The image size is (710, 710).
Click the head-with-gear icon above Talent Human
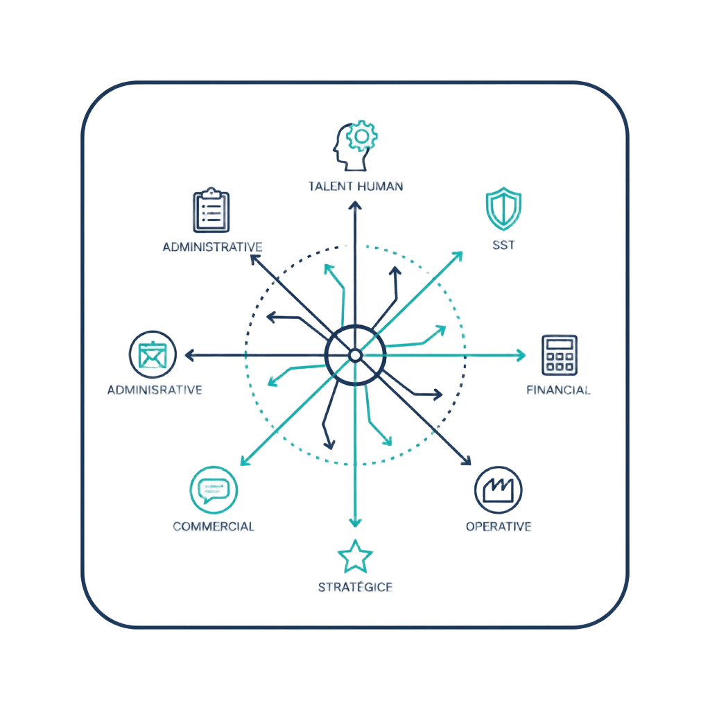[x=354, y=146]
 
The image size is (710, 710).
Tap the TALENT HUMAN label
[x=355, y=186]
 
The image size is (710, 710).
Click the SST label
[x=503, y=245]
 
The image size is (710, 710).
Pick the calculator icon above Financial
[x=560, y=354]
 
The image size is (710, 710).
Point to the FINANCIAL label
[x=559, y=390]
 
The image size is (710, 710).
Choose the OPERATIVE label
[x=499, y=526]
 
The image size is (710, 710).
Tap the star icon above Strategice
[x=355, y=556]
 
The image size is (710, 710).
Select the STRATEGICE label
[x=355, y=587]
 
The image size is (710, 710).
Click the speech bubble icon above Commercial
[x=214, y=489]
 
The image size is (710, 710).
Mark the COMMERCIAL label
[x=214, y=526]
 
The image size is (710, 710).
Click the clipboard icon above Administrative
[x=211, y=210]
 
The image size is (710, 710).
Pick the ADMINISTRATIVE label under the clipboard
[x=211, y=247]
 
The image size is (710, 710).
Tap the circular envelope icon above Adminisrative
[x=152, y=355]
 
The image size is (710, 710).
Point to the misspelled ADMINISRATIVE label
[x=155, y=390]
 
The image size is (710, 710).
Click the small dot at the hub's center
[x=355, y=355]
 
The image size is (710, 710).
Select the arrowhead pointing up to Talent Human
[x=355, y=205]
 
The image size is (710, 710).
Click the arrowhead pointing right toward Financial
[x=521, y=355]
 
